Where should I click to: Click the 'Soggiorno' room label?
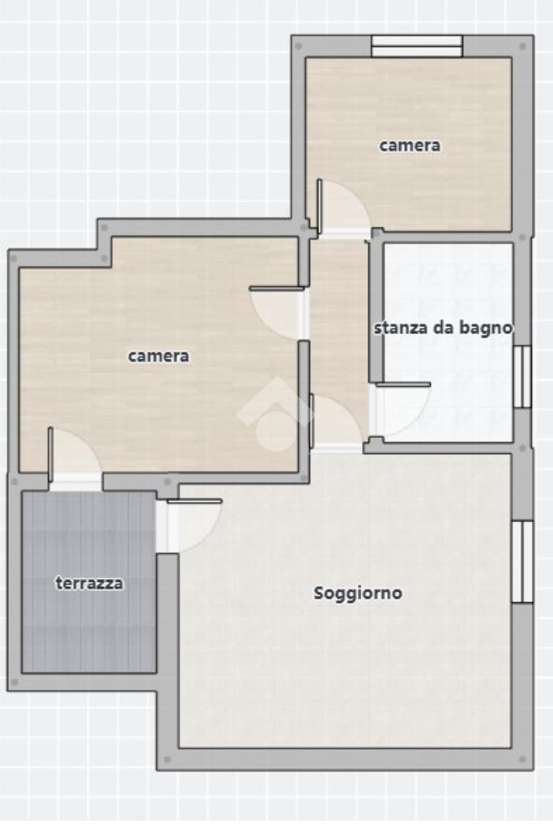358,593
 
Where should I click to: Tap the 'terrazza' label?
89,584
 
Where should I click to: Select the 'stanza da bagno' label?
443,328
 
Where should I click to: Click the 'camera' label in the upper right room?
410,145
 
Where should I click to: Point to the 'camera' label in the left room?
159,356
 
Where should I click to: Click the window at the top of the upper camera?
417,46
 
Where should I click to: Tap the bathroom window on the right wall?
522,376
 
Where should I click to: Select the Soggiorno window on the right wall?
523,562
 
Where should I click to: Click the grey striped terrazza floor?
89,582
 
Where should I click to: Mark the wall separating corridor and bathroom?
376,311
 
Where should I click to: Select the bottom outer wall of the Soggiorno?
345,759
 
